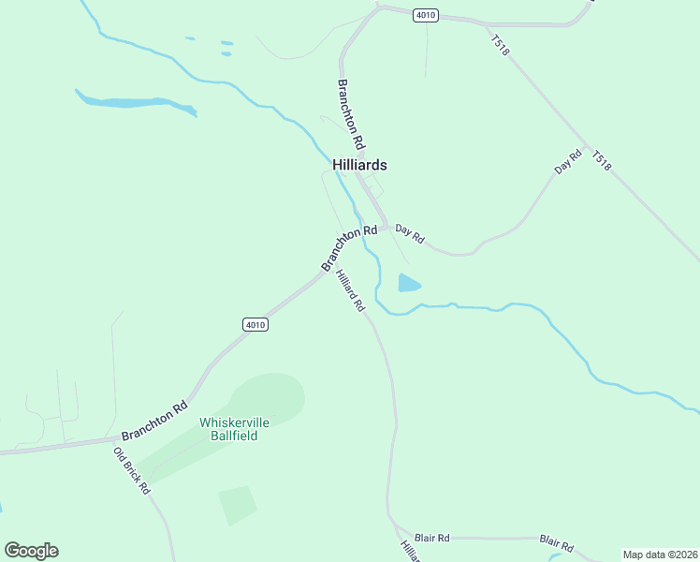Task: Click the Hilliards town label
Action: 359,165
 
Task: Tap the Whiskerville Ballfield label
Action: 234,429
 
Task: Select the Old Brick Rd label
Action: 132,469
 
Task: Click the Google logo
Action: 31,551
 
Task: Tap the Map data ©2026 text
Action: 660,555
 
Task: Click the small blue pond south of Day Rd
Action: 409,283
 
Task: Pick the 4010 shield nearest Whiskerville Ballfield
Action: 255,324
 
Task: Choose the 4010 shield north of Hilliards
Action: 426,16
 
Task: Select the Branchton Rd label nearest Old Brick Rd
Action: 154,421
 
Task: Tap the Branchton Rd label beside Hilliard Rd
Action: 349,247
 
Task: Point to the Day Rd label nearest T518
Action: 568,162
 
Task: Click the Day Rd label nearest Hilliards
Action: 410,233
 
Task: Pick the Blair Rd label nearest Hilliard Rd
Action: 432,538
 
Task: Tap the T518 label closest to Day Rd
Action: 602,159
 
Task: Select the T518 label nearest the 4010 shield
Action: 499,46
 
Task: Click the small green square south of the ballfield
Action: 238,504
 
